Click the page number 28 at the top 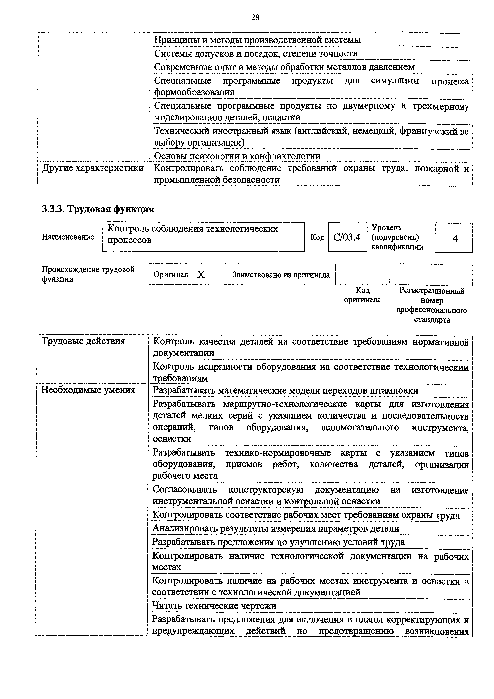tap(255, 18)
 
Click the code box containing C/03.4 tap(347, 237)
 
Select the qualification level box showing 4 tap(454, 238)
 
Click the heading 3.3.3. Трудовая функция tap(98, 209)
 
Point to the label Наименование tap(68, 237)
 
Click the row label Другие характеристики tap(93, 168)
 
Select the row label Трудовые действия tap(83, 341)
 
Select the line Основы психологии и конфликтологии tap(237, 156)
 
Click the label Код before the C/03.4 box tap(317, 237)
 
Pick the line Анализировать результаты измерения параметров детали tap(275, 528)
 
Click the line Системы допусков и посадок tap(256, 54)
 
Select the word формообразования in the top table tap(194, 92)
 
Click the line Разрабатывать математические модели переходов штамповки tap(285, 390)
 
